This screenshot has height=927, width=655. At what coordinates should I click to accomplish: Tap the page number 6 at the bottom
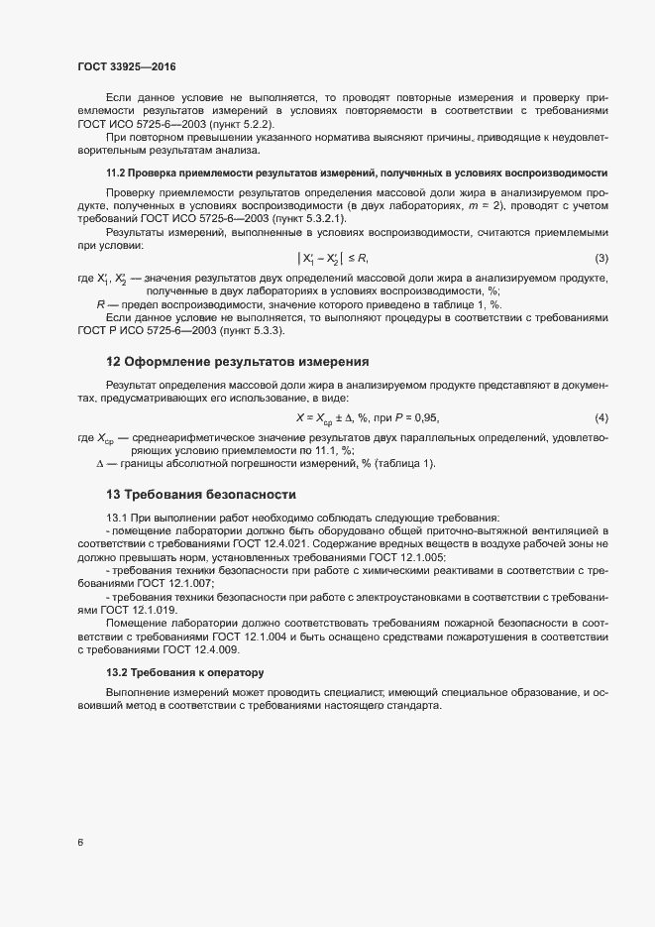(x=80, y=843)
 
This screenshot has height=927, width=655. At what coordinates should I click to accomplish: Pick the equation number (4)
(x=600, y=418)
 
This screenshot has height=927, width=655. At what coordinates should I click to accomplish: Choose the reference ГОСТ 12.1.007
(x=159, y=584)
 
